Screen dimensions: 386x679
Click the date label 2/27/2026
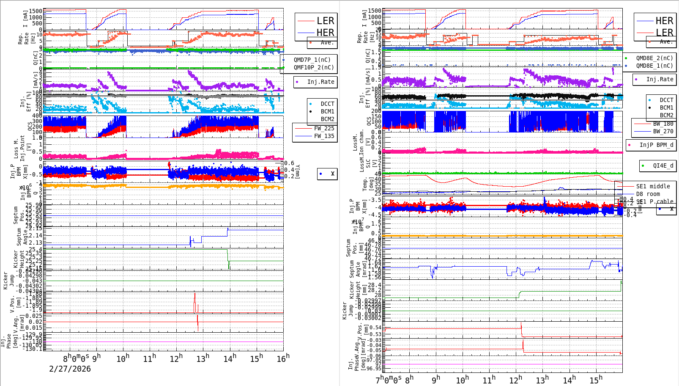pos(70,369)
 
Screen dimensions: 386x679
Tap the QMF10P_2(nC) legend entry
pos(313,67)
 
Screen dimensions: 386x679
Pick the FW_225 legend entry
pos(323,128)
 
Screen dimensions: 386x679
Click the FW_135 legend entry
pos(323,136)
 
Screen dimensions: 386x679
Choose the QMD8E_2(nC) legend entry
pos(654,58)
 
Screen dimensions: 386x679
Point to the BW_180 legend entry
pos(663,124)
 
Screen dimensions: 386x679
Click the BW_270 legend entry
pos(663,131)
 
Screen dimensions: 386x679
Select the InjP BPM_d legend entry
pos(656,145)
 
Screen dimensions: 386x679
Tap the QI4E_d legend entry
pos(663,165)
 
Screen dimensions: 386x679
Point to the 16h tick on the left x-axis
pos(283,358)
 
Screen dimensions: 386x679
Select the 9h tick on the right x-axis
pos(435,380)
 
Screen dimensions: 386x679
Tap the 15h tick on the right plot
pos(595,380)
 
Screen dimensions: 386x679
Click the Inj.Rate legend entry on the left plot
pos(320,82)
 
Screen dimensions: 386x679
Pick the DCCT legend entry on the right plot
pos(666,100)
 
